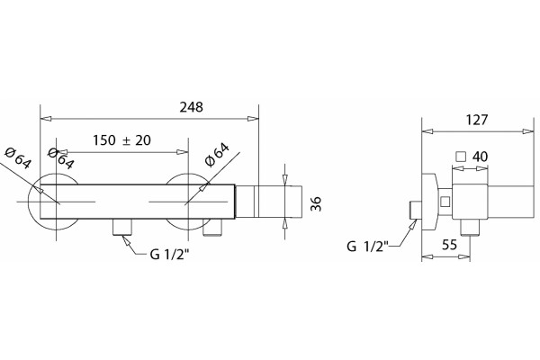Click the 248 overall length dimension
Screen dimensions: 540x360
(x=192, y=107)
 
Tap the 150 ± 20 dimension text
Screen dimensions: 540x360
(x=121, y=140)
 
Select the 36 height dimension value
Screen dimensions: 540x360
(x=316, y=203)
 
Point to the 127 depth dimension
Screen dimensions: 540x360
(x=477, y=120)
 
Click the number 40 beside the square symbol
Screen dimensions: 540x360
(x=480, y=157)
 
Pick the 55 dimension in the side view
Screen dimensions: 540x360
(x=450, y=245)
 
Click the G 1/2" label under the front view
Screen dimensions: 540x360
(x=170, y=255)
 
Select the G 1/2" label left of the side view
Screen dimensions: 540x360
(x=367, y=247)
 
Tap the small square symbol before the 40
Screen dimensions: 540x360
(x=461, y=157)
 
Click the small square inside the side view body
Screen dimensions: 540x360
(x=445, y=202)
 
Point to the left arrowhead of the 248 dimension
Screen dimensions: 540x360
(x=46, y=119)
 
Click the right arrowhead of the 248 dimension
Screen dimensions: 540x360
(x=253, y=119)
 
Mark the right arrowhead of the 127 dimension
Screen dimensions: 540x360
(x=528, y=131)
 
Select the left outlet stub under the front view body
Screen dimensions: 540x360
(x=121, y=228)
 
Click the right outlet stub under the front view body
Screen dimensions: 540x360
(x=212, y=228)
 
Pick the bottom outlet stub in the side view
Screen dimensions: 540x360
(x=471, y=228)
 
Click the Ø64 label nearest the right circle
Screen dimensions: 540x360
(x=217, y=155)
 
